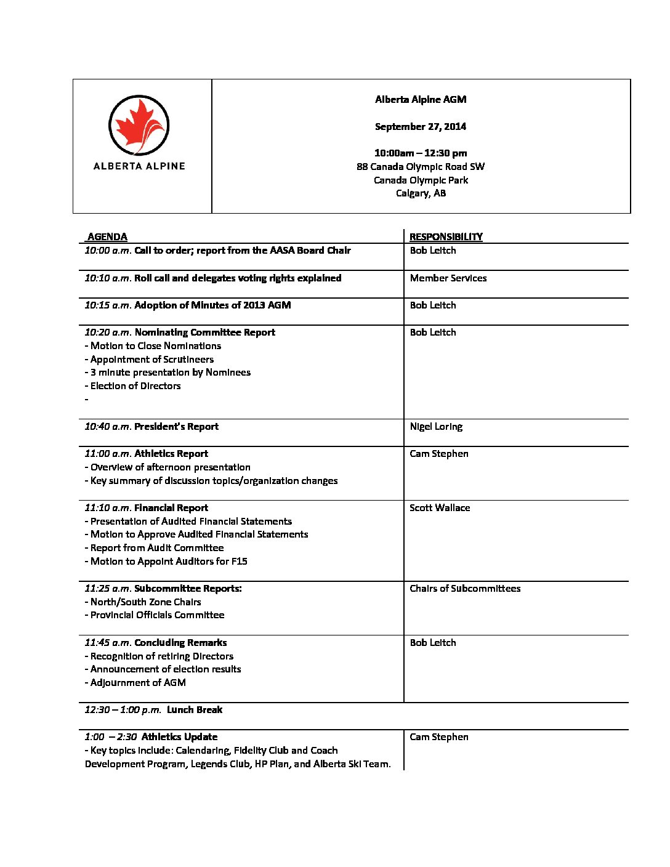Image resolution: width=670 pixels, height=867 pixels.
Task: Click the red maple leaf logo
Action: [x=139, y=125]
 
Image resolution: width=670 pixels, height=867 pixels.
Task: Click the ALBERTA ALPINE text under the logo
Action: [x=139, y=166]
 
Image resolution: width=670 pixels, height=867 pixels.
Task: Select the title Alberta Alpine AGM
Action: [x=421, y=99]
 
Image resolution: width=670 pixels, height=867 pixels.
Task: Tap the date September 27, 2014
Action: [x=421, y=126]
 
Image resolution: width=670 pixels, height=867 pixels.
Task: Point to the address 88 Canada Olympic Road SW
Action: [x=421, y=166]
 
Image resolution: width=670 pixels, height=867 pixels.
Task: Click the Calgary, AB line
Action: [x=421, y=193]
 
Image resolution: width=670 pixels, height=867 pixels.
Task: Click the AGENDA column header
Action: [x=107, y=236]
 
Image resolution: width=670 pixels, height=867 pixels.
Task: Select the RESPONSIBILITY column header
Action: [x=446, y=236]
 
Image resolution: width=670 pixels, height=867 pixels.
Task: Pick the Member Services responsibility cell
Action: [x=448, y=278]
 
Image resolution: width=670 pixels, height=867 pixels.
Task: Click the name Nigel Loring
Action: [x=436, y=426]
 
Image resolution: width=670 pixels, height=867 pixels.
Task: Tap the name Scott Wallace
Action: [x=440, y=507]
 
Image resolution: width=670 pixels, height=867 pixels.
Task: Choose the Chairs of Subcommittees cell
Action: [x=465, y=588]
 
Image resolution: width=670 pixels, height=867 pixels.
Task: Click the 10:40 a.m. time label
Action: [x=108, y=426]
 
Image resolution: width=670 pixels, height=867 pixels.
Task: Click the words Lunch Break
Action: [x=195, y=709]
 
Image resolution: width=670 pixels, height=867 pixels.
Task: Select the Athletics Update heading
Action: [x=179, y=736]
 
